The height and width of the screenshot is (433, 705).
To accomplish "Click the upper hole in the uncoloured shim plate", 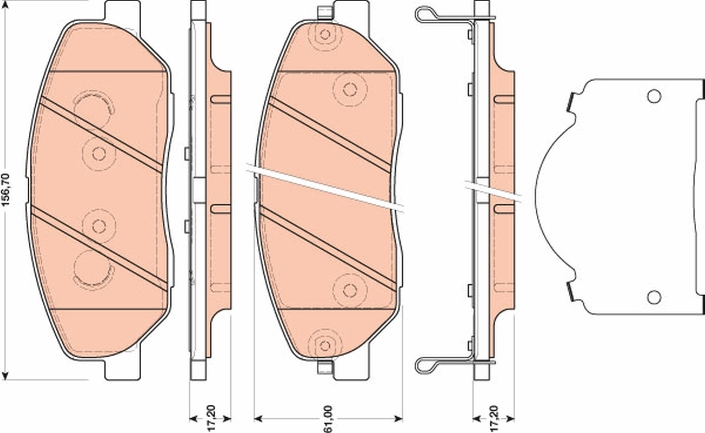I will coord(654,96).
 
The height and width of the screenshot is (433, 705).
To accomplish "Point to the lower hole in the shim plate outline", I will coord(654,297).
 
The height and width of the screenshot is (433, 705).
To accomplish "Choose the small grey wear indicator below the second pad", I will coord(324,368).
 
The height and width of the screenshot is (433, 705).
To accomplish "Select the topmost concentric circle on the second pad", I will coord(324,35).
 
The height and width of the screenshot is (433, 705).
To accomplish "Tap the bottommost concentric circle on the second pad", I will coord(324,344).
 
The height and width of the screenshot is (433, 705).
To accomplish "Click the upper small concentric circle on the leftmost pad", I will coord(99,154).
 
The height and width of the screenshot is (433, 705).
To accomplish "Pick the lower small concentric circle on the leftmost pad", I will coord(99,225).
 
